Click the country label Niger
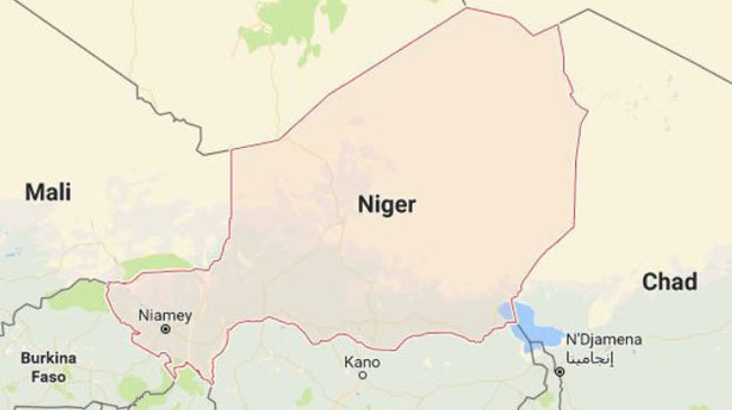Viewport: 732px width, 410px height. [x=387, y=205]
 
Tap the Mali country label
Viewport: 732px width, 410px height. [x=48, y=192]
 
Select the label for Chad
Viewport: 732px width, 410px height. [x=669, y=282]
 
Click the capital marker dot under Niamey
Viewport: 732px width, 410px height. [x=165, y=331]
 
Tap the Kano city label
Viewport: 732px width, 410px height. [x=361, y=361]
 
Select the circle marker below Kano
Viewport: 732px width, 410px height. [x=362, y=375]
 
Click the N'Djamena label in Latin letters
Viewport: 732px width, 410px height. [x=603, y=339]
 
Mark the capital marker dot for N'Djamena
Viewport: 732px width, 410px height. [x=560, y=373]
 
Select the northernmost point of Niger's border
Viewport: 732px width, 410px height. [x=467, y=9]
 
